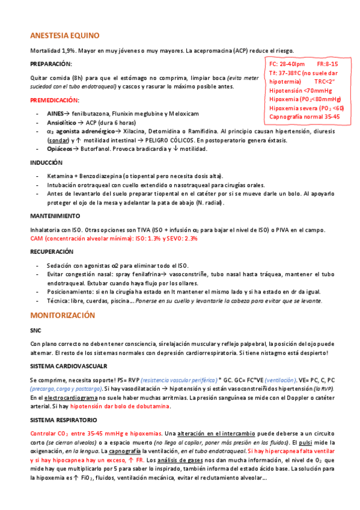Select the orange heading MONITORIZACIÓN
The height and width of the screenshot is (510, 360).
pos(63,315)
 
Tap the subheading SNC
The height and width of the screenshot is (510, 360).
pos(35,330)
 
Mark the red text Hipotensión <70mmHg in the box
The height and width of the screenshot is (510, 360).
pos(301,90)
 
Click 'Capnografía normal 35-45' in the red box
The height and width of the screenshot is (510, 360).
pos(305,117)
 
